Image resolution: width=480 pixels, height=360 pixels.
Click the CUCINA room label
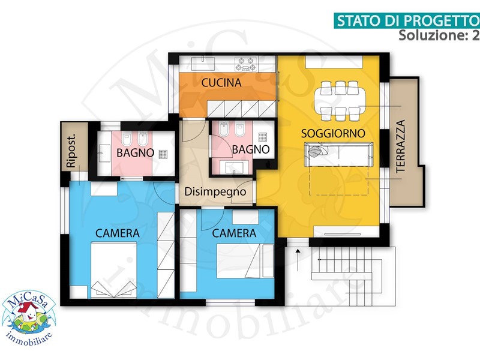(x=221, y=83)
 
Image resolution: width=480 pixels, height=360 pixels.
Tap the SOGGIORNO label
(x=333, y=133)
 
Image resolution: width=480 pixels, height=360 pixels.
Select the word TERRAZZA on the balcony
(x=401, y=146)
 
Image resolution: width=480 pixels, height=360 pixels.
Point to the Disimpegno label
(x=215, y=192)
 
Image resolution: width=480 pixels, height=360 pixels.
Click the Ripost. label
(x=71, y=151)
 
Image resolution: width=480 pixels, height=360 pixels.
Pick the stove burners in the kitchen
(x=246, y=64)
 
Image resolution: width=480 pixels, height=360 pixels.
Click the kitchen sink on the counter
(x=203, y=64)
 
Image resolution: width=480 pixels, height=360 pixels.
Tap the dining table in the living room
(x=340, y=101)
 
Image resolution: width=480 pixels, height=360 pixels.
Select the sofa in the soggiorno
(x=338, y=154)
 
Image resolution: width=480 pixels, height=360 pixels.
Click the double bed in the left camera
(x=113, y=269)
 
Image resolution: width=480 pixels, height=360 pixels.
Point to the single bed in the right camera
(x=245, y=261)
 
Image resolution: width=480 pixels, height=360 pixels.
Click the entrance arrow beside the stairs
(x=298, y=260)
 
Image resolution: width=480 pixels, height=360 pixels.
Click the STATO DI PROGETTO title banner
(x=407, y=21)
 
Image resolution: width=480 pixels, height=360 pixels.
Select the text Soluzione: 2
(x=439, y=35)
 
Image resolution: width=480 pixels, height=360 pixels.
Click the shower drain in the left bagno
(x=163, y=154)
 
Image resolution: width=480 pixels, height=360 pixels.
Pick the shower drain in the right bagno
(x=262, y=137)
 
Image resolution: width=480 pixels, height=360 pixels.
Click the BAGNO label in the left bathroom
(x=135, y=153)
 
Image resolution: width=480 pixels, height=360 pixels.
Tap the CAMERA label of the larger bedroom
(x=118, y=233)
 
